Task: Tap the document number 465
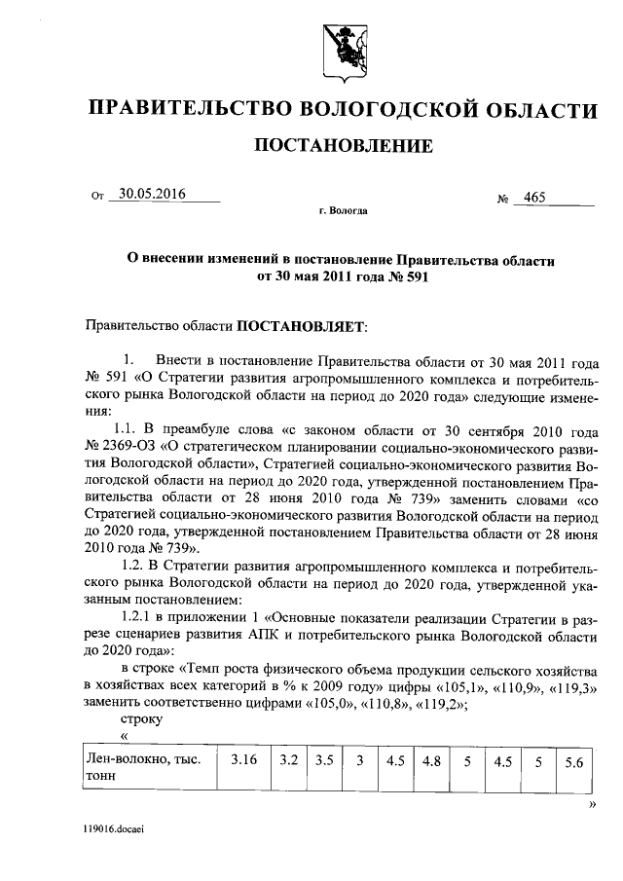[534, 198]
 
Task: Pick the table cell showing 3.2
[288, 762]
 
